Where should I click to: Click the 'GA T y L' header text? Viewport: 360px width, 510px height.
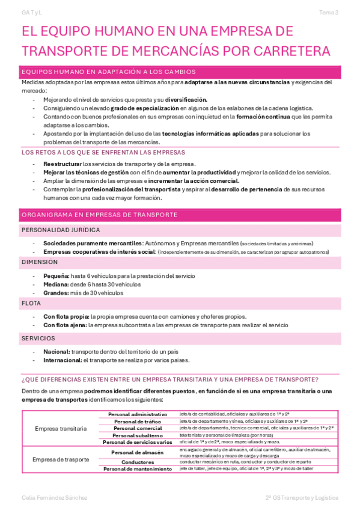31,12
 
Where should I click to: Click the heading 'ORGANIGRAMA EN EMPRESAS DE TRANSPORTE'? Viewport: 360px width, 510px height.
99,215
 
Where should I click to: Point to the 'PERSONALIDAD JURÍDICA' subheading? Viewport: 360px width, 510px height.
61,230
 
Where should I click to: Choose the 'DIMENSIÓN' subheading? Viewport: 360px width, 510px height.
40,262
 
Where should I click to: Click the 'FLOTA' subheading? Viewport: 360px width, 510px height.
31,304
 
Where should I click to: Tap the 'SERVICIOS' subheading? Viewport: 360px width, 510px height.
38,339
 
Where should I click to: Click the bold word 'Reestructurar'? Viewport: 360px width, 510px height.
63,164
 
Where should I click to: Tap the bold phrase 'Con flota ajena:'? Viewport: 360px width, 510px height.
65,325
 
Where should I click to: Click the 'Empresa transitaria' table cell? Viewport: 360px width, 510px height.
61,429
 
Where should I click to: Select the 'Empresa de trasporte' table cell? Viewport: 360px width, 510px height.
61,459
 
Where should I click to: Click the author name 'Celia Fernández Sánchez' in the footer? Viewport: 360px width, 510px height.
54,498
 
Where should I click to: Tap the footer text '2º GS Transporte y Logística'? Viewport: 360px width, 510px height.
302,498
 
